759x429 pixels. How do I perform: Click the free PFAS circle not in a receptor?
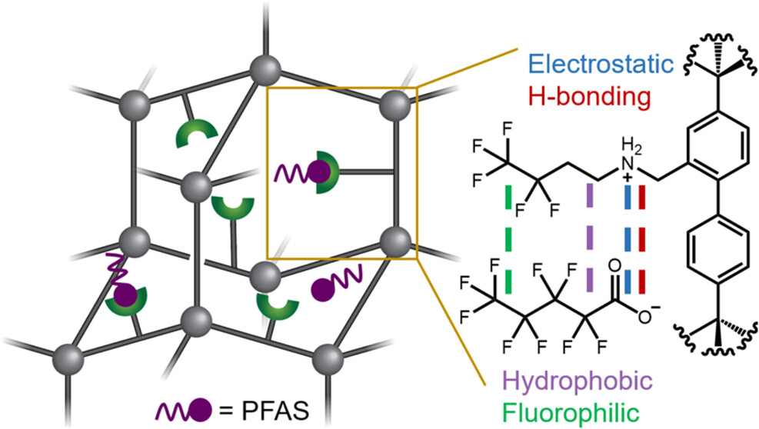[x=324, y=289]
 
